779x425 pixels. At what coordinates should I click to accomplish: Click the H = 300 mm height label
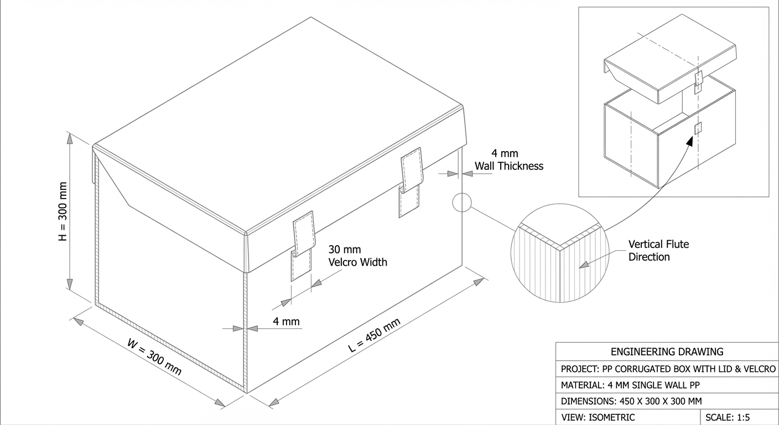pyautogui.click(x=63, y=211)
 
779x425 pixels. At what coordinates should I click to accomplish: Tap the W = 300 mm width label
pyautogui.click(x=154, y=357)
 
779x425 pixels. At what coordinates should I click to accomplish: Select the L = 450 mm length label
pyautogui.click(x=374, y=335)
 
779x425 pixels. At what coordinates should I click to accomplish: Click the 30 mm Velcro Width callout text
pyautogui.click(x=357, y=256)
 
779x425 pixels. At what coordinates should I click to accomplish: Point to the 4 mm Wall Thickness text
pyautogui.click(x=509, y=159)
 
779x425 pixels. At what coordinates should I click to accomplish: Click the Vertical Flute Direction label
pyautogui.click(x=658, y=251)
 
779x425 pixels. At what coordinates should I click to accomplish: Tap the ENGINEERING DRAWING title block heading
pyautogui.click(x=667, y=351)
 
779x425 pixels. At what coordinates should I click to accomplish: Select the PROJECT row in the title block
pyautogui.click(x=668, y=369)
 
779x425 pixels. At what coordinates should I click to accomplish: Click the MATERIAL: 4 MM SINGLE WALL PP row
pyautogui.click(x=630, y=385)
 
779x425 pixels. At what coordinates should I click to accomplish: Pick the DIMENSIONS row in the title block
pyautogui.click(x=631, y=401)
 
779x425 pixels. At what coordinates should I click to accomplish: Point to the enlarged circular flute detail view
pyautogui.click(x=560, y=253)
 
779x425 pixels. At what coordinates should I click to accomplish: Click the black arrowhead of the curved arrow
pyautogui.click(x=689, y=141)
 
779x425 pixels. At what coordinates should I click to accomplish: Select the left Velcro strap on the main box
pyautogui.click(x=303, y=246)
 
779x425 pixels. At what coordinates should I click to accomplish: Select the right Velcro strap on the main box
pyautogui.click(x=411, y=182)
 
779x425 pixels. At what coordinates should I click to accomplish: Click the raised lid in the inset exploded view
pyautogui.click(x=670, y=59)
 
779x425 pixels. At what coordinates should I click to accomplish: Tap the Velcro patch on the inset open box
pyautogui.click(x=698, y=128)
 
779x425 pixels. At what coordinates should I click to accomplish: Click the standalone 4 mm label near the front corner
pyautogui.click(x=286, y=322)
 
